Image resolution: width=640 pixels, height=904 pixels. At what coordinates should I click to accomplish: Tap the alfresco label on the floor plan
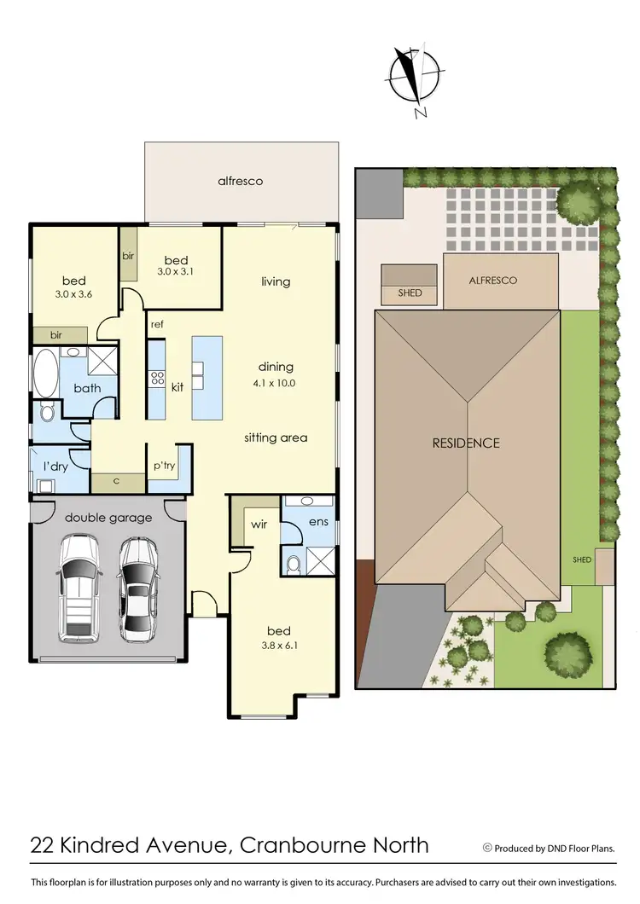pyautogui.click(x=240, y=181)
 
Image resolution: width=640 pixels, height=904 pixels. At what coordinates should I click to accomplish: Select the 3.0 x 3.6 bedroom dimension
pyautogui.click(x=73, y=295)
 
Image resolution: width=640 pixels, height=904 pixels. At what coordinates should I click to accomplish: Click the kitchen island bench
pyautogui.click(x=207, y=377)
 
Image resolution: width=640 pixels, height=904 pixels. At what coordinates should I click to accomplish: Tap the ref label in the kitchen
pyautogui.click(x=157, y=325)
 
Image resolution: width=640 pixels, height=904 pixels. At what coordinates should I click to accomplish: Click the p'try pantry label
pyautogui.click(x=164, y=466)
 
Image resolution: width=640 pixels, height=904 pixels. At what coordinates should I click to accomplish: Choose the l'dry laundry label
pyautogui.click(x=55, y=466)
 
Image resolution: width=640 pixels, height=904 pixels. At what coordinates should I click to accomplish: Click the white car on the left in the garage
pyautogui.click(x=79, y=588)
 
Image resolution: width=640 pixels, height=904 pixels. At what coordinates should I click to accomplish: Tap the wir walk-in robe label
pyautogui.click(x=259, y=524)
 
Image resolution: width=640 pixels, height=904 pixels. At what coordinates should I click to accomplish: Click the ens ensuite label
pyautogui.click(x=318, y=520)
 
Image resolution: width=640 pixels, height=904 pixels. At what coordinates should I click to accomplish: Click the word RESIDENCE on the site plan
pyautogui.click(x=465, y=443)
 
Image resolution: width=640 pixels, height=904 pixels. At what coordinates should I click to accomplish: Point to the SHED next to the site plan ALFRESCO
pyautogui.click(x=410, y=293)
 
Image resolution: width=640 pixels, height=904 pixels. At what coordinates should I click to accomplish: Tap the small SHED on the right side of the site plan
pyautogui.click(x=583, y=559)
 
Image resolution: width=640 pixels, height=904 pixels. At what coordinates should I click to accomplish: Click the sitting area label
pyautogui.click(x=276, y=438)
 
